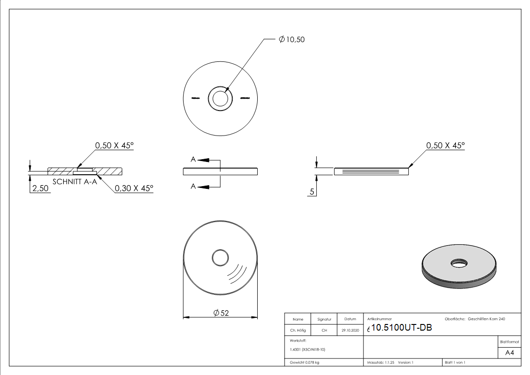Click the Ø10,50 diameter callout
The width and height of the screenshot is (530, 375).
coord(292,40)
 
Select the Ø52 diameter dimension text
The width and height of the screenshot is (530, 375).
coord(221,313)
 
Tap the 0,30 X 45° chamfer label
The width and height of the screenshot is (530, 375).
coord(134,188)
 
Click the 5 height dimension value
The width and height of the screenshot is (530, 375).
coord(312,192)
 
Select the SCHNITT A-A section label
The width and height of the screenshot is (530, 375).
coord(75,182)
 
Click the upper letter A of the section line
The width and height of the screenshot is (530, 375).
coord(193,160)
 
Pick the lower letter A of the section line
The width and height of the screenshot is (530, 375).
coord(193,187)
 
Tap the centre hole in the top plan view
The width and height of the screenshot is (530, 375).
coord(220,99)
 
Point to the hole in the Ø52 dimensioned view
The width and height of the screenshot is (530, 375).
coord(220,258)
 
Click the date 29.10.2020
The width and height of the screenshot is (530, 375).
coord(350,331)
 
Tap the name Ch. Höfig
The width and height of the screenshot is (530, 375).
coord(298,331)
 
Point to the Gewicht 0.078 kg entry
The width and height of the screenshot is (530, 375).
coord(305,362)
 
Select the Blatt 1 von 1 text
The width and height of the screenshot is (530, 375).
coord(454,362)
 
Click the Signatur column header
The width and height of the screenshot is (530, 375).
coord(324,320)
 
